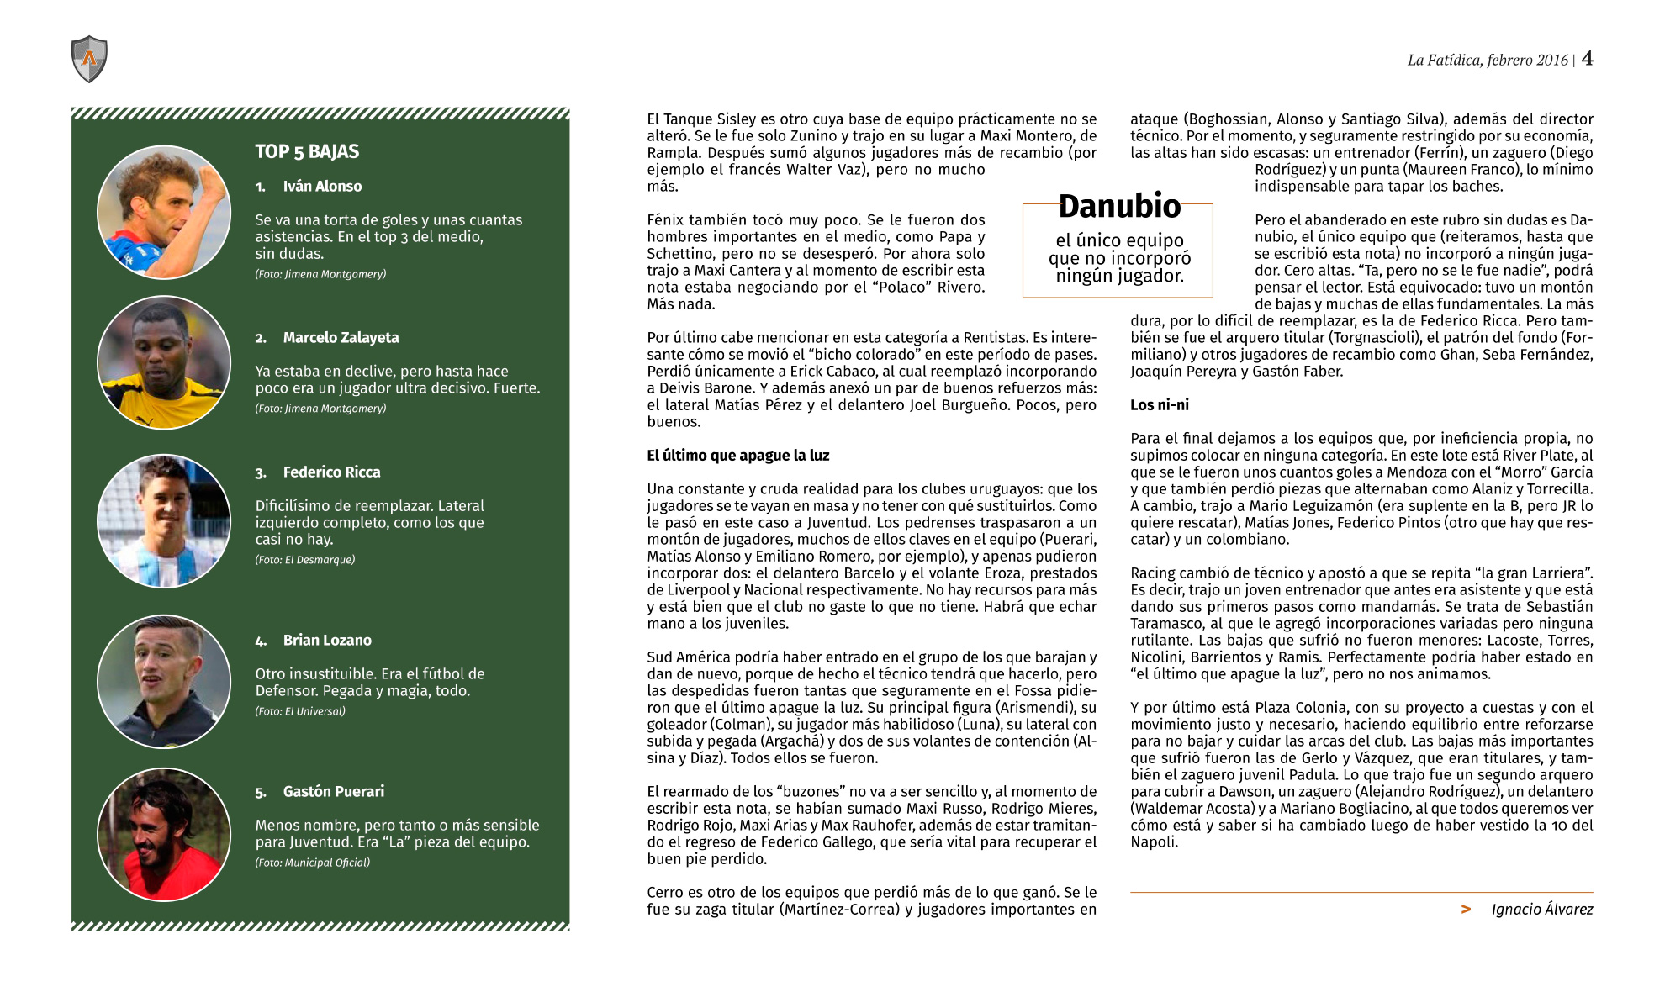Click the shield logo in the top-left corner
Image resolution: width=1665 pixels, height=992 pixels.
(89, 59)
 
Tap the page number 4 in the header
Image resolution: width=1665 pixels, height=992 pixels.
(1587, 58)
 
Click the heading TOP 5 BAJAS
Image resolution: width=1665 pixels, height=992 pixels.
(307, 151)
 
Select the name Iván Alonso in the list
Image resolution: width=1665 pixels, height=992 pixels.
(322, 187)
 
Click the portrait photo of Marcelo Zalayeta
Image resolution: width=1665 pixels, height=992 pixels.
(164, 362)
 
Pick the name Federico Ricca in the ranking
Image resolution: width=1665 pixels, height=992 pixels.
(331, 472)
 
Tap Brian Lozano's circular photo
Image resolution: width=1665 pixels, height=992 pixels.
(164, 682)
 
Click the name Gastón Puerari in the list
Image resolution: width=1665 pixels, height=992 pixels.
(333, 792)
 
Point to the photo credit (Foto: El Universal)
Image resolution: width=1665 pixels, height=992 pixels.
(300, 711)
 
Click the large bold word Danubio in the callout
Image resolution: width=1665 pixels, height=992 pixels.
(1119, 206)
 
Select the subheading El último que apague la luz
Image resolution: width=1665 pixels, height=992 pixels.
(737, 456)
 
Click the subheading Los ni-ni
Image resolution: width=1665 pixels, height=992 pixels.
(1159, 405)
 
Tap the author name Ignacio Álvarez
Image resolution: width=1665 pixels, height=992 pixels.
(1541, 910)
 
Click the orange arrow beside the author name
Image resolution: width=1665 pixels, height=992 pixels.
(1466, 910)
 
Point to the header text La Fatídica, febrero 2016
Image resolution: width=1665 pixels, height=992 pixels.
(1487, 60)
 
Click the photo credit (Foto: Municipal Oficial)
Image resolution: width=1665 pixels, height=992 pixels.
(312, 863)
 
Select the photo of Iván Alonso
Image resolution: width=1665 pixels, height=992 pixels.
(164, 212)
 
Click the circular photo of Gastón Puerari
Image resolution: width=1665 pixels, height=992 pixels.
(164, 834)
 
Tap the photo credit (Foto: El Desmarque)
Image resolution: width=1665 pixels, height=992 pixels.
(304, 560)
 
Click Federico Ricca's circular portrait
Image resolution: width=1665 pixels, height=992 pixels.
(164, 521)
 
